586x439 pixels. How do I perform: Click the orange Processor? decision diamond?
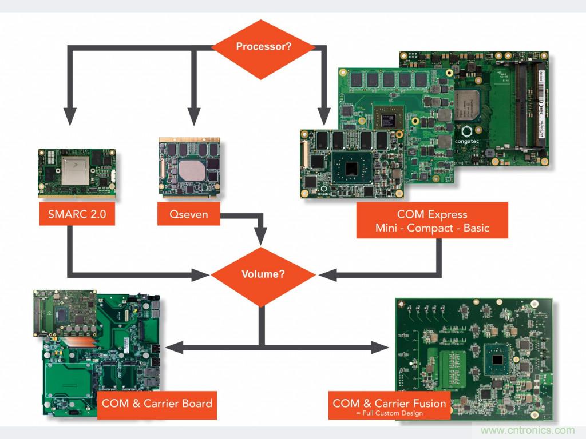(263, 46)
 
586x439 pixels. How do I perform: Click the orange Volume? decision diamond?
(263, 274)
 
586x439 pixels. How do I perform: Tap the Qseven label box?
(188, 215)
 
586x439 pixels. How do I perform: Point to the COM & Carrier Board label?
(157, 404)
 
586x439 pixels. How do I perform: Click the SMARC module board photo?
(77, 173)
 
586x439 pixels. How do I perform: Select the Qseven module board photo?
(190, 168)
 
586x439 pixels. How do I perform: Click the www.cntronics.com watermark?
(527, 430)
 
